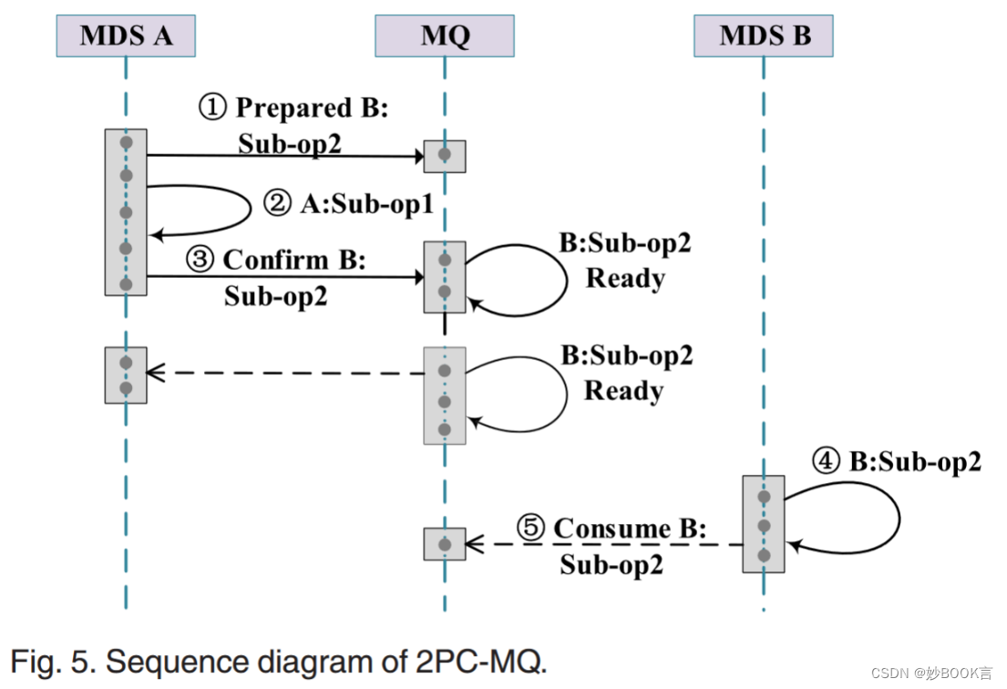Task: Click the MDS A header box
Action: [126, 36]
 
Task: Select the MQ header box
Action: [445, 36]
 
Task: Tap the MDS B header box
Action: [764, 36]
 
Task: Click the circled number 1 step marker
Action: [212, 108]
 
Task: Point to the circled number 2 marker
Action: [277, 204]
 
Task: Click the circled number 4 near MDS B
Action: [826, 462]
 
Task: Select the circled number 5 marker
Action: [530, 529]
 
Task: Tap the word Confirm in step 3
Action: [275, 261]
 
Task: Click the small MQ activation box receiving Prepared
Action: [445, 156]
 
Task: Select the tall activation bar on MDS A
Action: [126, 211]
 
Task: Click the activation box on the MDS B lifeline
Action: [764, 524]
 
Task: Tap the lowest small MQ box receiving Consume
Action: [445, 544]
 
